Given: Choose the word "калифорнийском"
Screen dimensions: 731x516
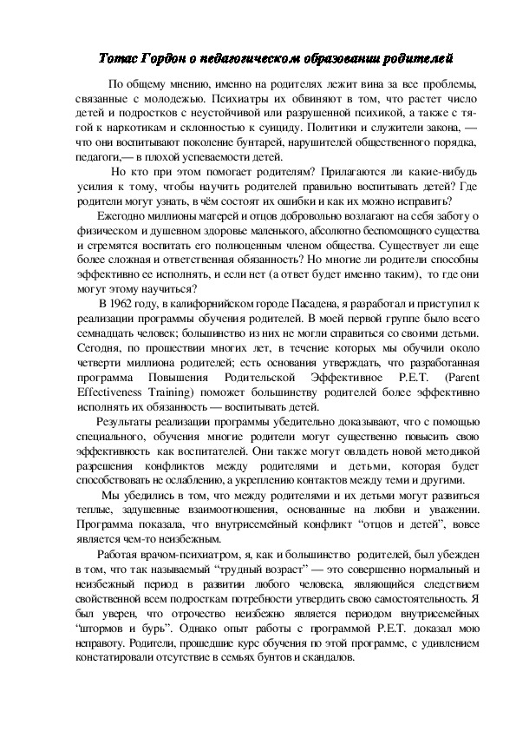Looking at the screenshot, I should click(x=196, y=302).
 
